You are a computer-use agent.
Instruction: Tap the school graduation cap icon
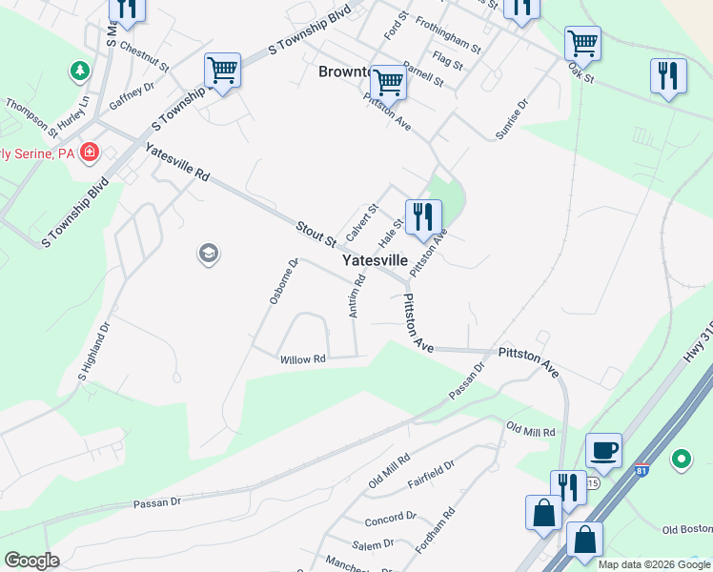tap(208, 254)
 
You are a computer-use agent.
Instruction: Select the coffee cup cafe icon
tap(603, 449)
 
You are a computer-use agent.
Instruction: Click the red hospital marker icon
tap(90, 153)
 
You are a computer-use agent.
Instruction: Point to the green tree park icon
tap(79, 71)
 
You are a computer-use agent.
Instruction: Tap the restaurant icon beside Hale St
tap(423, 216)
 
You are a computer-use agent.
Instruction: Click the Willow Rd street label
tap(303, 359)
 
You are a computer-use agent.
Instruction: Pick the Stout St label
tap(316, 232)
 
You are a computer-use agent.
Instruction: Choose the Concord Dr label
tap(391, 520)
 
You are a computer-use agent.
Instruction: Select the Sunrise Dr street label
tap(511, 120)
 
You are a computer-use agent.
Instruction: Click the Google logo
tap(31, 560)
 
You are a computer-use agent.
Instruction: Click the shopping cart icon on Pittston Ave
tap(388, 83)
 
